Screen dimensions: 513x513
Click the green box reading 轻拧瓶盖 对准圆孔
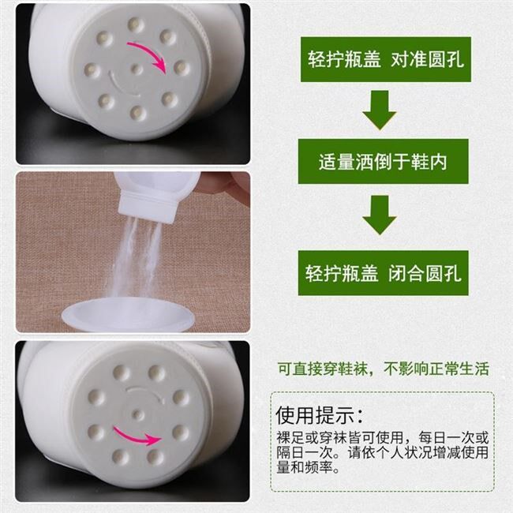(x=386, y=59)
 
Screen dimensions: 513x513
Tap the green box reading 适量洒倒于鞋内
(x=383, y=161)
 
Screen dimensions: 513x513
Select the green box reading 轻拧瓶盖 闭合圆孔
(x=383, y=273)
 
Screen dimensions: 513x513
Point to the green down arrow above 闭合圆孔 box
(x=380, y=215)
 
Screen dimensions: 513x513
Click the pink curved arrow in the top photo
(x=148, y=54)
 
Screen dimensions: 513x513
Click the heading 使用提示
(x=319, y=415)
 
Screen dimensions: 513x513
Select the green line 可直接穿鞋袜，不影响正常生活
(x=383, y=369)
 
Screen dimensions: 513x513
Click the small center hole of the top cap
(x=136, y=69)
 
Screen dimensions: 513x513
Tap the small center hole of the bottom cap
(x=138, y=414)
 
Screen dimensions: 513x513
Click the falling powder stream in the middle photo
(x=137, y=255)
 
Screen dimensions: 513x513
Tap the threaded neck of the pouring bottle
(x=151, y=206)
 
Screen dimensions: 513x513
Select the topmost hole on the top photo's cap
(x=135, y=25)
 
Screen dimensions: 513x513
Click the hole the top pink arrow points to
(x=181, y=67)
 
